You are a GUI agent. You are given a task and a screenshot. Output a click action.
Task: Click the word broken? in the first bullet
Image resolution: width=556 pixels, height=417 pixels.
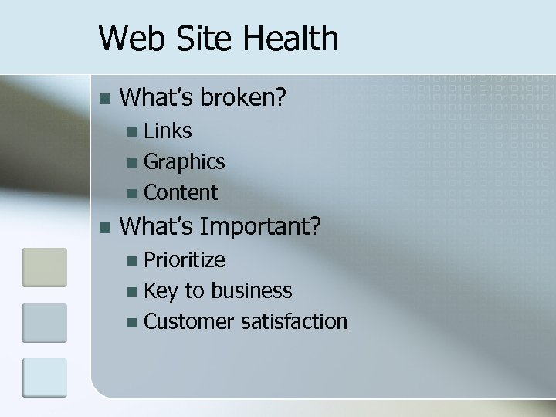(244, 97)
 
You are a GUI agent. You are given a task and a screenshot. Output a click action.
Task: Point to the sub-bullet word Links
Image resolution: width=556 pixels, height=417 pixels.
(168, 131)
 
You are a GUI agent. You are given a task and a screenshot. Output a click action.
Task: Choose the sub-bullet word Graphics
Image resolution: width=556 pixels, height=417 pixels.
(185, 162)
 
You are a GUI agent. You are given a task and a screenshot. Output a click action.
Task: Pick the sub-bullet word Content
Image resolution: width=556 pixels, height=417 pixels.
(181, 192)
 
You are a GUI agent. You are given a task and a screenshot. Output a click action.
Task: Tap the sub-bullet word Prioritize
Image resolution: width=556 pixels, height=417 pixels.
(185, 259)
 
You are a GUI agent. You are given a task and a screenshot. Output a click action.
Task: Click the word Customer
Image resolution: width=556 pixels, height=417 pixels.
(189, 320)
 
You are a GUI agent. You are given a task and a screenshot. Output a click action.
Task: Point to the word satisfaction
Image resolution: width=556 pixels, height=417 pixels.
(293, 320)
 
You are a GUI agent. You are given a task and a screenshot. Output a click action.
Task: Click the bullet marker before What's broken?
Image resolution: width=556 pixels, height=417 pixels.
(106, 99)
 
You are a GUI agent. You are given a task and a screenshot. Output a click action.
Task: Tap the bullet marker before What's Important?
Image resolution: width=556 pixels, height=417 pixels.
(106, 227)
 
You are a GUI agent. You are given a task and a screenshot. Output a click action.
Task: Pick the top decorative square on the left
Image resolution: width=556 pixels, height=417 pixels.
(44, 267)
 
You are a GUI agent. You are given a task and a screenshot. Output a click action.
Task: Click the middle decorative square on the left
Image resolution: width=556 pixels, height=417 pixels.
(44, 323)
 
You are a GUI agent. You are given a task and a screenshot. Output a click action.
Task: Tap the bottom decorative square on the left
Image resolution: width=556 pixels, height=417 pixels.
(44, 378)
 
